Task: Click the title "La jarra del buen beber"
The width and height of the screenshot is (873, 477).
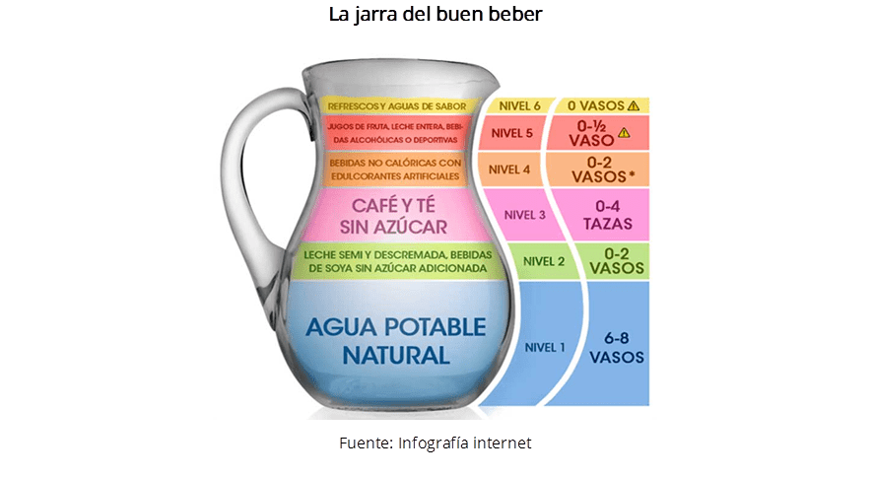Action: [436, 16]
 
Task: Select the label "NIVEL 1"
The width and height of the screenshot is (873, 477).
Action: [545, 347]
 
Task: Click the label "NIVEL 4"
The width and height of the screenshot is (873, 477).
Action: [509, 169]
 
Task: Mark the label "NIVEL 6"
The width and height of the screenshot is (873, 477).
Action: [519, 105]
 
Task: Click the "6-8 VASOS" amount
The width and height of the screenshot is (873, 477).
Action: [617, 347]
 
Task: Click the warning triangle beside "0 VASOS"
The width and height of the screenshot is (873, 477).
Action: [633, 105]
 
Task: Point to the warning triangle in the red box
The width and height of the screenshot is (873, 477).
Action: [624, 133]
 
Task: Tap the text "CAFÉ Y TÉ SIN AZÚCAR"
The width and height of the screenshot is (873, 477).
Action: [395, 216]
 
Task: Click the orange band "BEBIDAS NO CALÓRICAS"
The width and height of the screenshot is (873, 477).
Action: [395, 170]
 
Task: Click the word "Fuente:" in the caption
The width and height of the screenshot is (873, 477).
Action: [366, 443]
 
